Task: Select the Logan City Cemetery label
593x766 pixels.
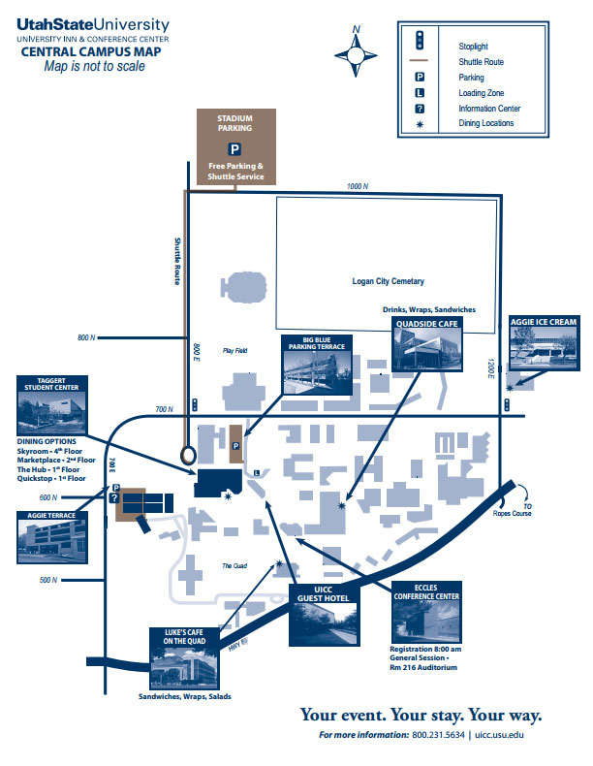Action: pos(388,281)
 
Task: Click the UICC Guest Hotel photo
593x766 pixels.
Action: pos(324,622)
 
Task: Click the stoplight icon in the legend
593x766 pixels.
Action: pos(420,41)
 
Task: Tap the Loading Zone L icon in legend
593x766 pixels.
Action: pos(420,93)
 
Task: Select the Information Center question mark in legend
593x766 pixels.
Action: pos(420,109)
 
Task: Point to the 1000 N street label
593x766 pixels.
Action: pos(358,186)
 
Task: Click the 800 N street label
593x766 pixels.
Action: pos(87,337)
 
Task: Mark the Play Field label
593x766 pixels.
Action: pos(235,350)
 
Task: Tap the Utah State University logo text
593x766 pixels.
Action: pos(93,24)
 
